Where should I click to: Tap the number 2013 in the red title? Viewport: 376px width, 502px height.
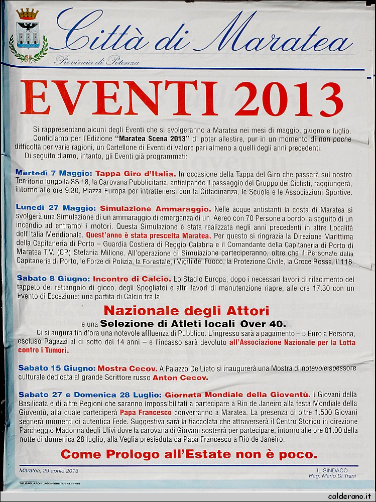[288, 98]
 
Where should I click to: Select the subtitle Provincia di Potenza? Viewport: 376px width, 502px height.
[97, 61]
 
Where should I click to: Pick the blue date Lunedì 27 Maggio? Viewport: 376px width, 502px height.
[56, 208]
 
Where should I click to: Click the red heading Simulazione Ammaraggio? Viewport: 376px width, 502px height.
[155, 208]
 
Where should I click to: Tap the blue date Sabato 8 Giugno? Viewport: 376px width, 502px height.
[54, 279]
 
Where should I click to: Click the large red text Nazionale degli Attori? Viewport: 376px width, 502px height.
[186, 310]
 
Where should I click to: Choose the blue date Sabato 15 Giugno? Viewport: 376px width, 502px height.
[56, 368]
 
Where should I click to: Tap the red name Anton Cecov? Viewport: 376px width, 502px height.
[180, 378]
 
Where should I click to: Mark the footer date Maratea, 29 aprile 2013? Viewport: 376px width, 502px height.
[49, 471]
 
